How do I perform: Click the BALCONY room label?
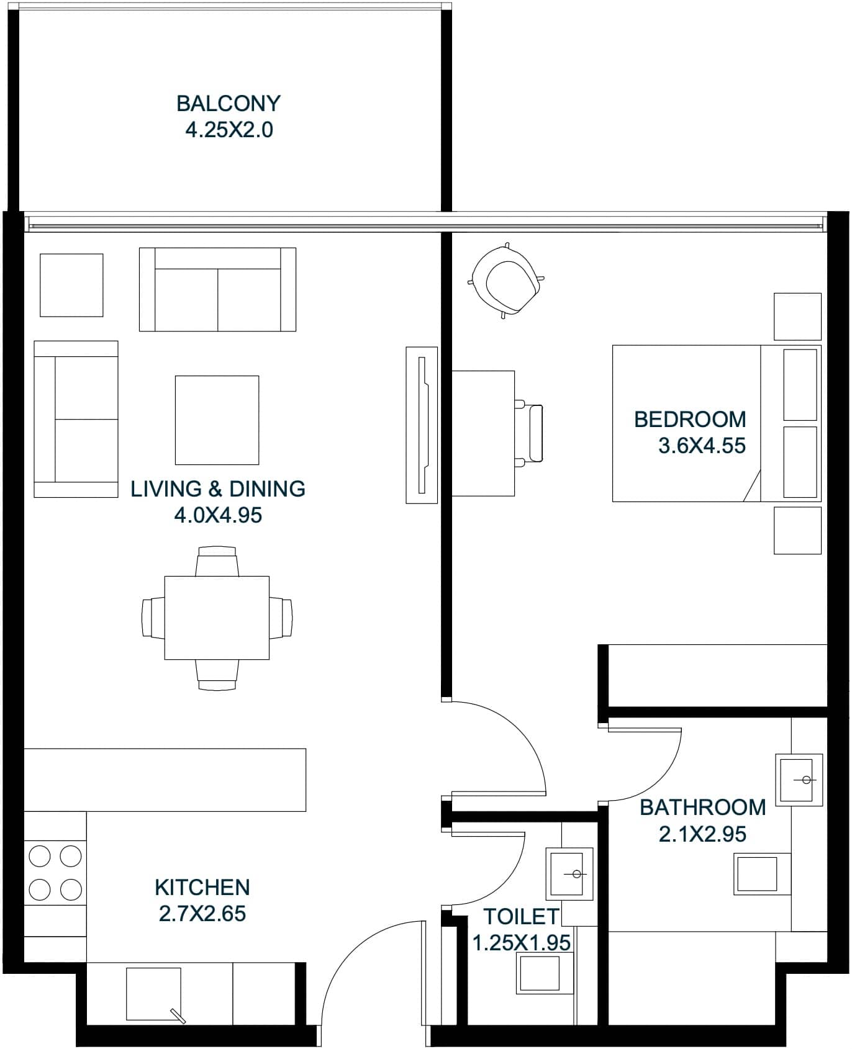tap(228, 103)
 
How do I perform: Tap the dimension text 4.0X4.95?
tap(217, 515)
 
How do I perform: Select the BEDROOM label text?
tap(689, 420)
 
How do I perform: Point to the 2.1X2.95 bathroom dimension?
tap(702, 834)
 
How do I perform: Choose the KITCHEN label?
tap(202, 887)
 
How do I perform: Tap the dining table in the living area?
tap(217, 618)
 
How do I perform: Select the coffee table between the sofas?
tap(217, 420)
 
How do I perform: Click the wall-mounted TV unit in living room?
tap(422, 425)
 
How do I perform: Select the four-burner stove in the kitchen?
tap(55, 873)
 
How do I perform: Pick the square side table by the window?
tap(71, 285)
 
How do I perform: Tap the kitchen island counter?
tap(165, 780)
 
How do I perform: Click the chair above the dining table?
tap(217, 562)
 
